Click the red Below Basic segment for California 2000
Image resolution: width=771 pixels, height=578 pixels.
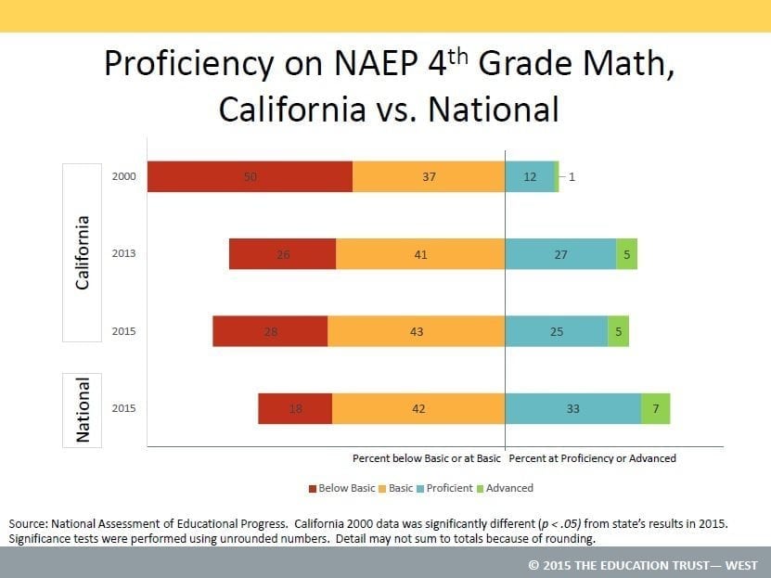pyautogui.click(x=250, y=176)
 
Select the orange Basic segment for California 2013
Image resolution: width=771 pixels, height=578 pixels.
pyautogui.click(x=420, y=253)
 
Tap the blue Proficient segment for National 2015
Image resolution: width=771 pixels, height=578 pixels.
pyautogui.click(x=572, y=407)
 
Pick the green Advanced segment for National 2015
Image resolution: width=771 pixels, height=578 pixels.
pyautogui.click(x=655, y=407)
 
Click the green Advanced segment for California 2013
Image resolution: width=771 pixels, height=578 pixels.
pyautogui.click(x=626, y=253)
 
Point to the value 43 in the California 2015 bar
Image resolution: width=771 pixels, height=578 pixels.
pyautogui.click(x=417, y=330)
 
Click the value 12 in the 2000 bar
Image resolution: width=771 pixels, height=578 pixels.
pyautogui.click(x=531, y=176)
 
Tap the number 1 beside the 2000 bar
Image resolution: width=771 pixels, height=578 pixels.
pyautogui.click(x=572, y=176)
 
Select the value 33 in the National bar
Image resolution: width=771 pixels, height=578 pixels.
pyautogui.click(x=572, y=407)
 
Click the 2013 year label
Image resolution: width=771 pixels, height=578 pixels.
pyautogui.click(x=124, y=253)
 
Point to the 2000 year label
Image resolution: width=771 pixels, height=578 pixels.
pyautogui.click(x=124, y=176)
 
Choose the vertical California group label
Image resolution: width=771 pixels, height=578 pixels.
pyautogui.click(x=83, y=252)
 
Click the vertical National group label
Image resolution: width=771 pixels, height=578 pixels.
pyautogui.click(x=83, y=409)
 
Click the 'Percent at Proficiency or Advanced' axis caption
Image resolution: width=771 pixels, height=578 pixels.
pyautogui.click(x=593, y=458)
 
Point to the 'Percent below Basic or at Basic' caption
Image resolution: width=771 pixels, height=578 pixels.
pyautogui.click(x=426, y=458)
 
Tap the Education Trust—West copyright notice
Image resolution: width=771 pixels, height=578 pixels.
pyautogui.click(x=642, y=565)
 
